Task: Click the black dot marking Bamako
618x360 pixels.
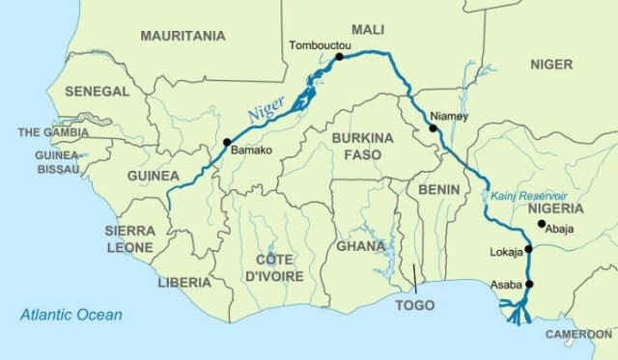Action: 227,143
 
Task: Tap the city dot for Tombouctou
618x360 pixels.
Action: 339,58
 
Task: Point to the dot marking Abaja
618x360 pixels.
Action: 542,224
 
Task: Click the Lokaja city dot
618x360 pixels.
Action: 528,248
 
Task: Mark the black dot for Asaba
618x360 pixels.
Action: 528,283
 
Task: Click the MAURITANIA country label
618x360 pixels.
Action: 183,36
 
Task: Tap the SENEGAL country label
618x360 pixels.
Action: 97,91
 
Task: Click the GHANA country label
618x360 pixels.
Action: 360,245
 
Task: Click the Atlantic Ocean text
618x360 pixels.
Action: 71,315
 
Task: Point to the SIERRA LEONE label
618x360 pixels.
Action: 130,238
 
